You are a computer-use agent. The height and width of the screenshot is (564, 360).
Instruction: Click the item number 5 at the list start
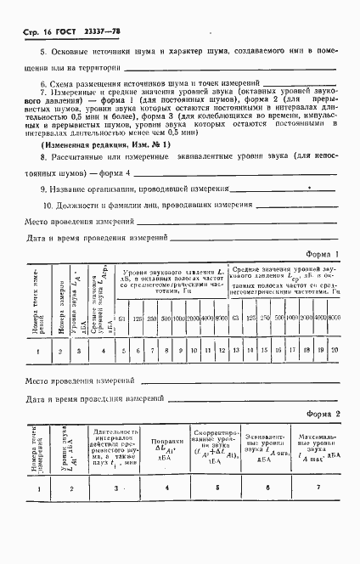42,75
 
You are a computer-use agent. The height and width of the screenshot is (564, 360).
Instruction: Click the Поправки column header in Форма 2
165,460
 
